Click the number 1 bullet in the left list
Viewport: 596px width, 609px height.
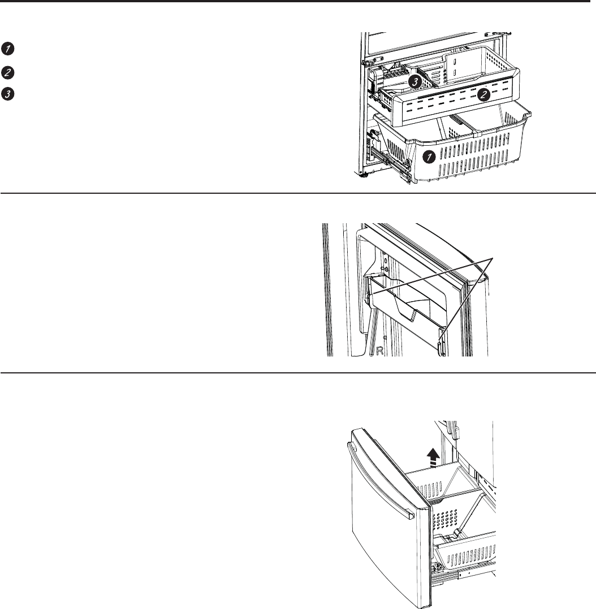tap(7, 49)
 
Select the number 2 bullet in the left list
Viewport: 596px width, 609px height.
tap(7, 73)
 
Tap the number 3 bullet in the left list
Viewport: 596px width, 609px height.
tap(7, 94)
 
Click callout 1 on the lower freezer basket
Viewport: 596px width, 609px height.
tap(429, 157)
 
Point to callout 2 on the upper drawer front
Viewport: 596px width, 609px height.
tap(483, 94)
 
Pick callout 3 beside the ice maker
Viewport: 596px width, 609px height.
tap(415, 82)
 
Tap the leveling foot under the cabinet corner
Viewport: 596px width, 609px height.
tap(365, 175)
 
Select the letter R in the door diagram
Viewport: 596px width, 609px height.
tap(380, 350)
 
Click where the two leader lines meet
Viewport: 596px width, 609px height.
tap(493, 258)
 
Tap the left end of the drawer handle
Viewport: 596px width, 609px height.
tap(351, 447)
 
